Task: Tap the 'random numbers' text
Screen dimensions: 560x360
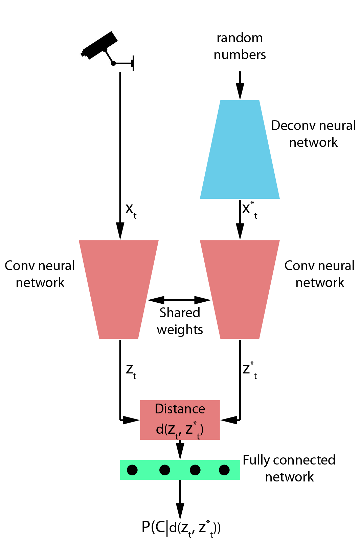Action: (x=240, y=46)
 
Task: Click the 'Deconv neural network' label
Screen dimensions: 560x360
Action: (x=313, y=134)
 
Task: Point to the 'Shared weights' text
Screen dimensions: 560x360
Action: (x=180, y=321)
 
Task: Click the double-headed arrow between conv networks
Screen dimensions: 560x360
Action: (x=179, y=300)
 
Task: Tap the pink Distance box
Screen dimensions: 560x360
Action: (x=180, y=420)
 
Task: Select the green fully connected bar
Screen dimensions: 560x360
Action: (x=180, y=470)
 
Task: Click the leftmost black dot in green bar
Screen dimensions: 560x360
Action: (x=132, y=470)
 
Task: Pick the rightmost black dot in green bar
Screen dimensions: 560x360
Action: (x=224, y=470)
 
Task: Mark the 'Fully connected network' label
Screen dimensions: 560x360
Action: (x=289, y=468)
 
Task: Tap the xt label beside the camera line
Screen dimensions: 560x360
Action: (x=131, y=210)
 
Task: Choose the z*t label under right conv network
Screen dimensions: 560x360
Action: (x=250, y=370)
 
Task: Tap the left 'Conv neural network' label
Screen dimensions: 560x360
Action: (x=40, y=274)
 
